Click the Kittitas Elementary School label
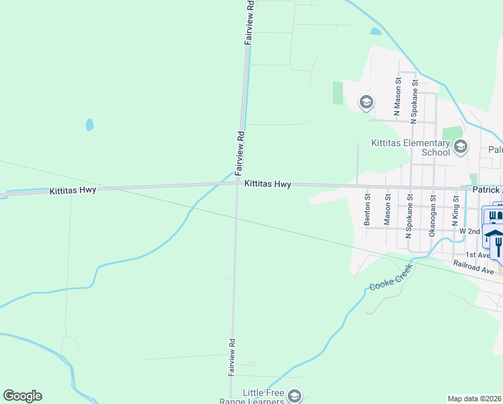pyautogui.click(x=411, y=147)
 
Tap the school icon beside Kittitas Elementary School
pyautogui.click(x=461, y=146)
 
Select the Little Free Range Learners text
pyautogui.click(x=254, y=397)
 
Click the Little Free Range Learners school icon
pyautogui.click(x=294, y=396)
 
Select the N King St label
pyautogui.click(x=455, y=210)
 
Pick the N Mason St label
pyautogui.click(x=397, y=98)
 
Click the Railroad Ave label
pyautogui.click(x=473, y=267)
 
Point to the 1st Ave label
pyautogui.click(x=477, y=255)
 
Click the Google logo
pyautogui.click(x=22, y=396)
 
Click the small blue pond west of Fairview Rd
pyautogui.click(x=89, y=125)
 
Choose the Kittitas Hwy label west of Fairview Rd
pyautogui.click(x=73, y=191)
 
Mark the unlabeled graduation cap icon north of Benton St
pyautogui.click(x=366, y=103)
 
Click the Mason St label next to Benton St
pyautogui.click(x=387, y=209)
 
